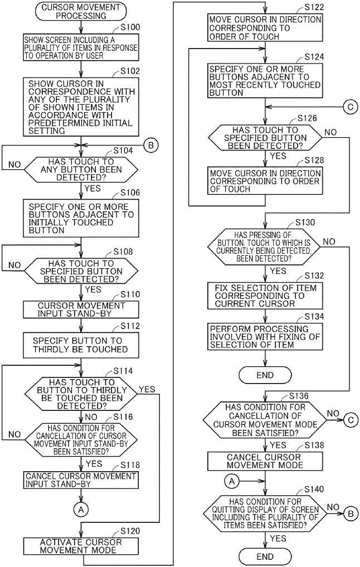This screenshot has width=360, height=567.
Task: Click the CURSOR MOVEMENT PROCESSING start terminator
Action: point(81,11)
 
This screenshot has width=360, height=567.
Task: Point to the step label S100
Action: point(130,27)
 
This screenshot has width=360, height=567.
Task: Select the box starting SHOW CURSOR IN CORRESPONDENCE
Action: point(81,107)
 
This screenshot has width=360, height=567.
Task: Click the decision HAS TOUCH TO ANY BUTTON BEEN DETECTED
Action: point(81,169)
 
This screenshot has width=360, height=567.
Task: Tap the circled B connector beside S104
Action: point(151,146)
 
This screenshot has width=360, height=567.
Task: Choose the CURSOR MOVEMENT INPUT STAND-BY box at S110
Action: point(81,309)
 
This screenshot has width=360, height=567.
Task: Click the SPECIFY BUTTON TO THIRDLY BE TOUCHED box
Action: point(81,345)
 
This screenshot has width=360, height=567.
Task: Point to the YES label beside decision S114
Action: point(147,390)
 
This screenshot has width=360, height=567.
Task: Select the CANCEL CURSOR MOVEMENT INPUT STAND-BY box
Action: point(81,480)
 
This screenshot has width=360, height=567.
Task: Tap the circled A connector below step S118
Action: point(81,510)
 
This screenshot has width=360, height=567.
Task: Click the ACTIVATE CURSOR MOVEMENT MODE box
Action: point(81,546)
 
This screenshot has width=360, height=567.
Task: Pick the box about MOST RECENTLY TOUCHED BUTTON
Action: point(265,81)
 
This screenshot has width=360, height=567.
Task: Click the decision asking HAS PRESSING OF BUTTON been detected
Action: point(264,246)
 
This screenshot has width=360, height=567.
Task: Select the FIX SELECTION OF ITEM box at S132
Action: point(265,296)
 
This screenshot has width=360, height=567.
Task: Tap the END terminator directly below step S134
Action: point(265,375)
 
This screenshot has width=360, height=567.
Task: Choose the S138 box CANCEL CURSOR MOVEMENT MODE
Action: point(265,461)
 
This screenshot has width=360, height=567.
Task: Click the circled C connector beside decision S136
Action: point(351,420)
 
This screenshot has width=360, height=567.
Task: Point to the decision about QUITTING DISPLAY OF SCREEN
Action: point(265,513)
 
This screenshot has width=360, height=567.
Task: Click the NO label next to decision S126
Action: point(330,132)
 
